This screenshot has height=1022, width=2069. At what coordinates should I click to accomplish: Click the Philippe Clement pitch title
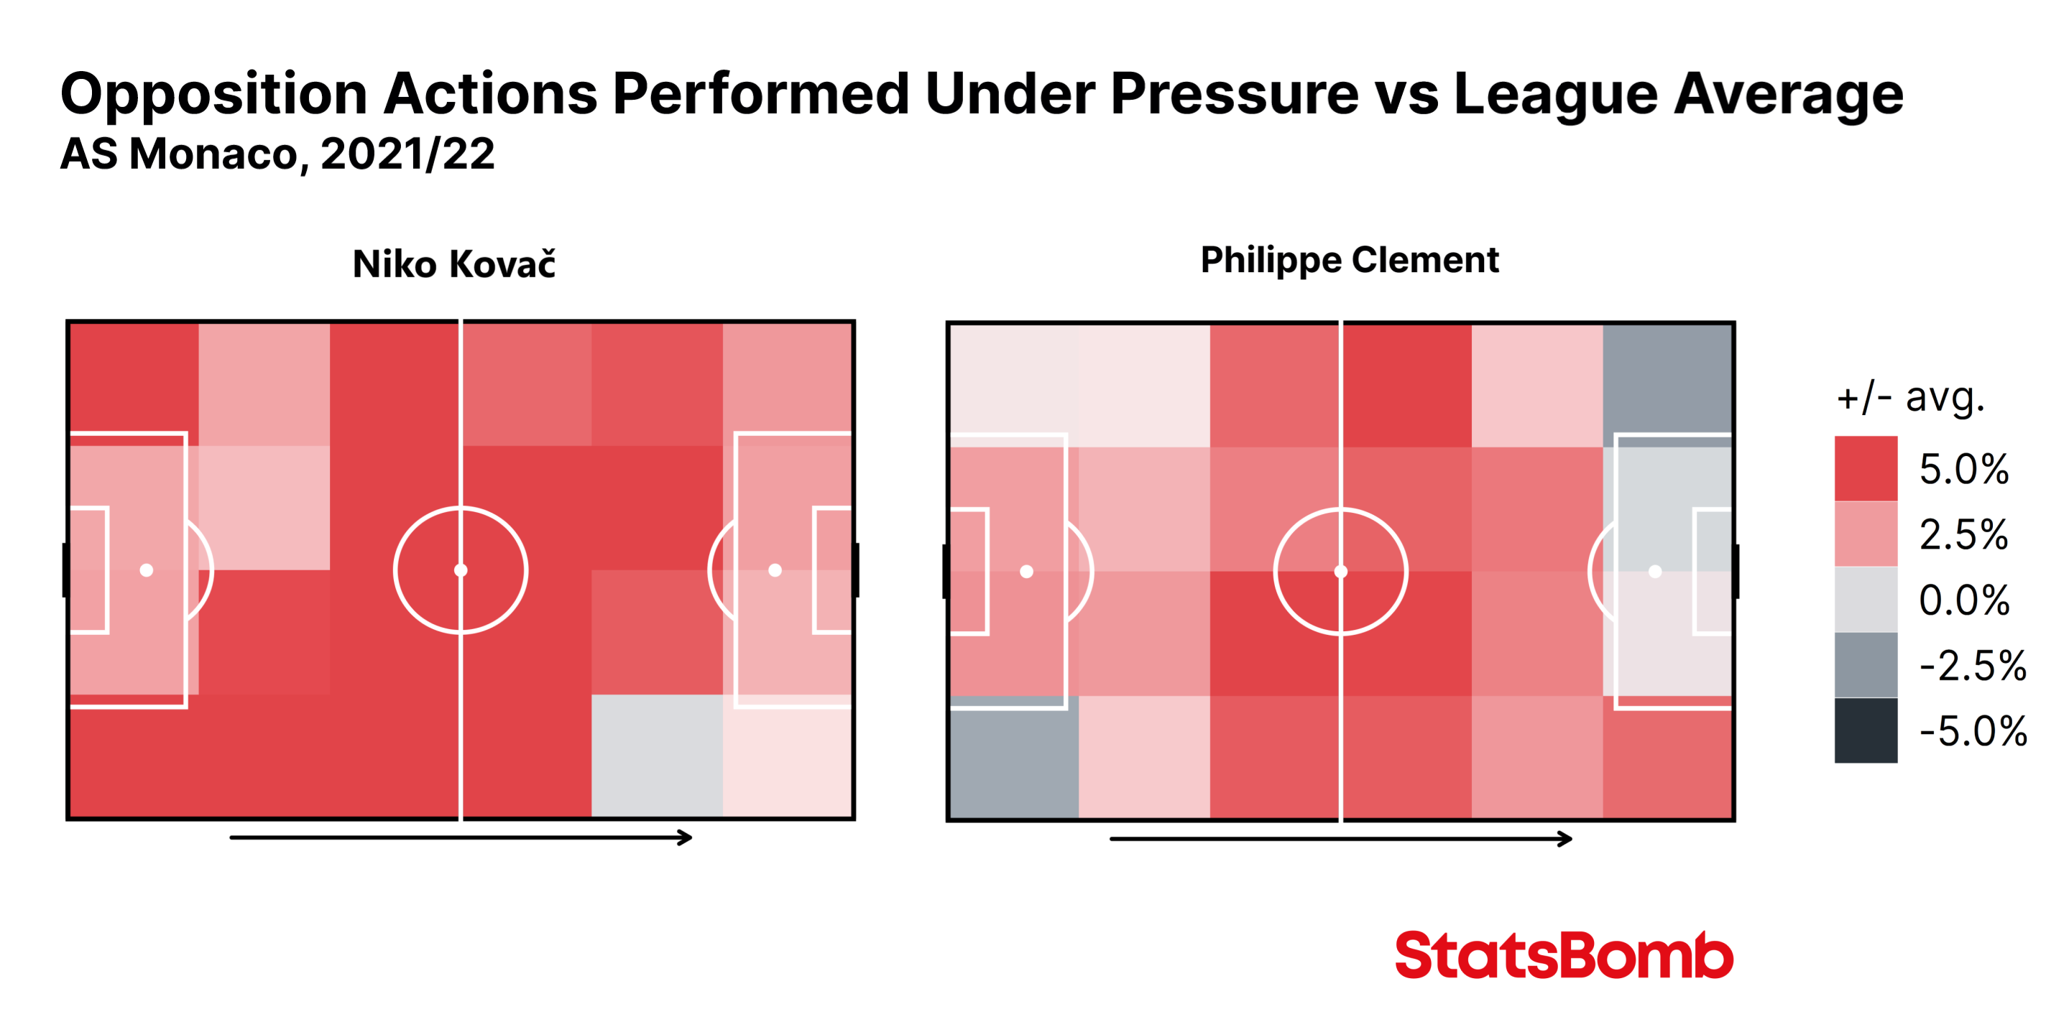1350,261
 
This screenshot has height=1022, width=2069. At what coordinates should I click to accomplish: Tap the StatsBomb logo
1564,954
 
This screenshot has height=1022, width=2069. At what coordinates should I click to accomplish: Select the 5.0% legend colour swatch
1865,468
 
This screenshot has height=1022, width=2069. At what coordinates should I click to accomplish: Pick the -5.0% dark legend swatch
1865,730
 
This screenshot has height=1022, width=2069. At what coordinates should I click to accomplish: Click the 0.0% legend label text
1964,600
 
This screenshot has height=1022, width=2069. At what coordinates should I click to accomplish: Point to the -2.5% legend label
1972,666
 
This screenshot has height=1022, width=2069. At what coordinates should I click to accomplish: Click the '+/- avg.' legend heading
1910,397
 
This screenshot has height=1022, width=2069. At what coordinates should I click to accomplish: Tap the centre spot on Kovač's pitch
460,570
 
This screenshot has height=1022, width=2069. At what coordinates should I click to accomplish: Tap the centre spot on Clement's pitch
1340,572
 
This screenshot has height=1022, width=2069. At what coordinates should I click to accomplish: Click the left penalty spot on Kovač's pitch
146,570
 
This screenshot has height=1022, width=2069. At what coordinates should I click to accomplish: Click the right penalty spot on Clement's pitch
1654,572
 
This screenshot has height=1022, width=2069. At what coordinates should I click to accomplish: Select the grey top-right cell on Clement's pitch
1667,384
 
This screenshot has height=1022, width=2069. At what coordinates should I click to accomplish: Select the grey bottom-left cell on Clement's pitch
1013,757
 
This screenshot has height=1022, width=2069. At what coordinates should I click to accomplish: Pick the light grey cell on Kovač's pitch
657,756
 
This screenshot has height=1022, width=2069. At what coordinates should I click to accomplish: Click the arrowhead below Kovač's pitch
684,837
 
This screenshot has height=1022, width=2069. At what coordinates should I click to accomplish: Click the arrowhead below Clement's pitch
1565,839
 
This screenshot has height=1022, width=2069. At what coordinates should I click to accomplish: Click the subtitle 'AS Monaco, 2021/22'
277,154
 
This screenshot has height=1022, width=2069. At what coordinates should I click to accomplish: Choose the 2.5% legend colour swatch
1865,534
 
